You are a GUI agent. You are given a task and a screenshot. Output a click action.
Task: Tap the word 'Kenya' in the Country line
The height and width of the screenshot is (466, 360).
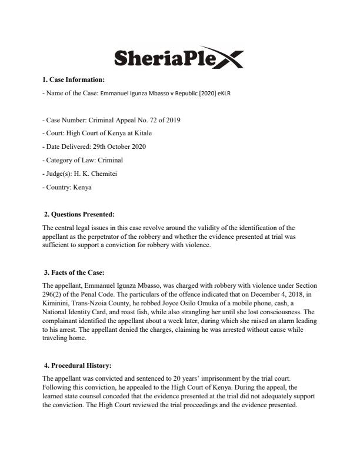click(83, 187)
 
